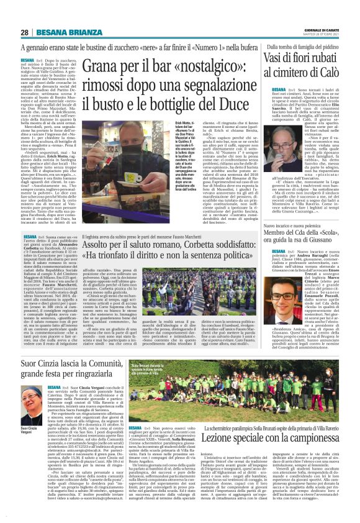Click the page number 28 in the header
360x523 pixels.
point(25,32)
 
